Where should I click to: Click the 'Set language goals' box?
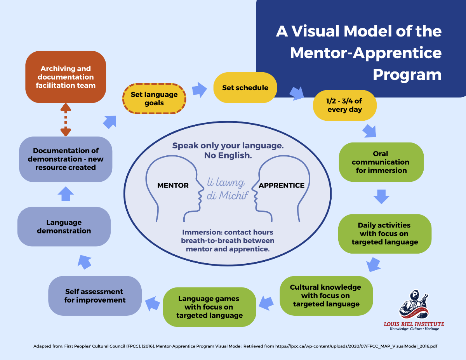tap(154, 99)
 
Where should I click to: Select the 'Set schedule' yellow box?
tap(245, 88)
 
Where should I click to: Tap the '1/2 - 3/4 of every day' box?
tap(344, 105)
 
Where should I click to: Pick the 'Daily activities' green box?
tap(384, 233)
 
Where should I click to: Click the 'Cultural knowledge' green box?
tap(326, 296)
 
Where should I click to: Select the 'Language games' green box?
tap(209, 307)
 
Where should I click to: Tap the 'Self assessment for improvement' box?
tap(95, 296)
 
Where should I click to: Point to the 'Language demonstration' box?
tap(64, 226)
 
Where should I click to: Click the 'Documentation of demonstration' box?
tap(66, 159)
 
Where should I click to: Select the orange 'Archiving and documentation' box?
tap(66, 77)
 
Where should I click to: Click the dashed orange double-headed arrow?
tap(66, 120)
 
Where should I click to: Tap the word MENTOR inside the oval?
tap(173, 186)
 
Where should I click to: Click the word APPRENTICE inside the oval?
tap(282, 186)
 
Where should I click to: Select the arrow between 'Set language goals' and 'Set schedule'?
tap(200, 89)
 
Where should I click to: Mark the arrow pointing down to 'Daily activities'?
tap(381, 196)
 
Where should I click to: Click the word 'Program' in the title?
tap(407, 75)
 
